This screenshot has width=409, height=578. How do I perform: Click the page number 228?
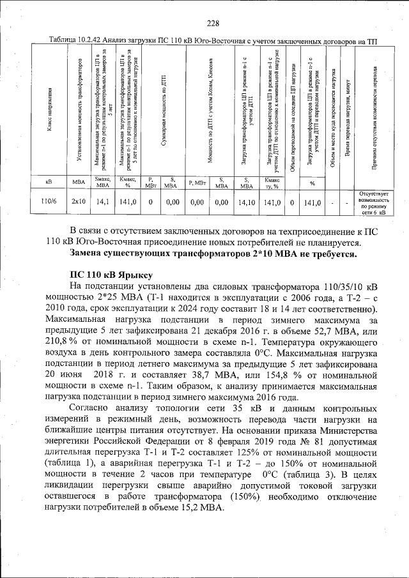(x=213, y=24)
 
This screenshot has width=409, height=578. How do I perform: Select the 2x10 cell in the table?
(x=78, y=202)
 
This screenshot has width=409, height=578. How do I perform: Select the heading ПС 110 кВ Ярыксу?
(x=109, y=275)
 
